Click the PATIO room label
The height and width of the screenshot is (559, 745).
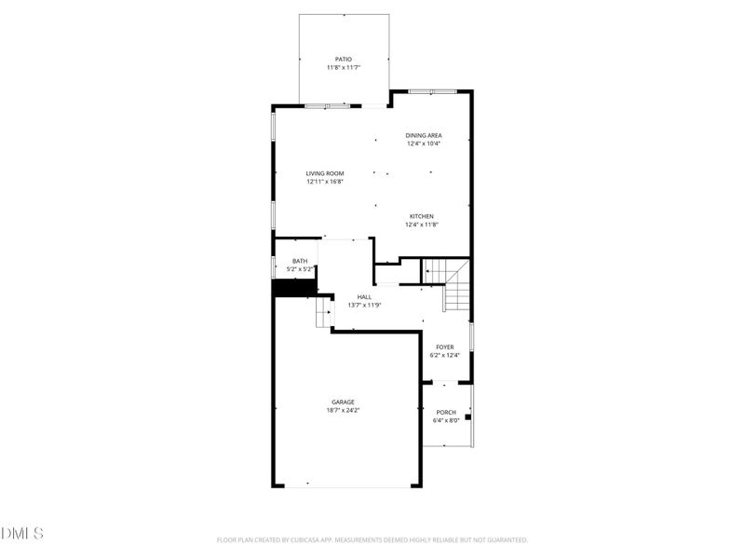[344, 59]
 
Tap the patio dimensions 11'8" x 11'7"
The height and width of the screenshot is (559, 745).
[344, 68]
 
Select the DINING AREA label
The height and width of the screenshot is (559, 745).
[423, 135]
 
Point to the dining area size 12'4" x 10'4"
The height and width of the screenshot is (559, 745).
[423, 144]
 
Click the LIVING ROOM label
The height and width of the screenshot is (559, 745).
[325, 173]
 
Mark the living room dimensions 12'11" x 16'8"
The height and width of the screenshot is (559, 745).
[325, 183]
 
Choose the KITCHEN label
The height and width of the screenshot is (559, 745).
[422, 216]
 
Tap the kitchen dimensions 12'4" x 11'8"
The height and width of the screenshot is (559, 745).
[422, 225]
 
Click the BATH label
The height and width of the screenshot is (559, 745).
[299, 261]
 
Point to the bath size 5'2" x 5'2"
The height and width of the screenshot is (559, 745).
[299, 270]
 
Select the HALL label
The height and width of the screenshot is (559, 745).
[364, 297]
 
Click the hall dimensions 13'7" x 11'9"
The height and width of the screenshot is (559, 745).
[364, 306]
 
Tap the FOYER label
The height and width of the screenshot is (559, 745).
[445, 347]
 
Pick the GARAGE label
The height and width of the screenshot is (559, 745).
[343, 402]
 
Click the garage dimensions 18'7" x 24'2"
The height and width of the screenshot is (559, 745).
[343, 411]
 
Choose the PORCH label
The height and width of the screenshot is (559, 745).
[446, 413]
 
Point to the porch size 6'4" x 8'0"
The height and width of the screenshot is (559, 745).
[446, 421]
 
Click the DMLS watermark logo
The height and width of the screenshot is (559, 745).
[22, 534]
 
